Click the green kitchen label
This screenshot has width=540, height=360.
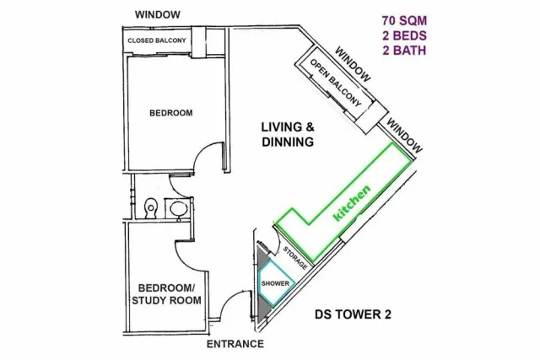coord(353,202)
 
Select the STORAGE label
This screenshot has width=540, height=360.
coord(295,258)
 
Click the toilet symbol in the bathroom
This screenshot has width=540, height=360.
coord(150,208)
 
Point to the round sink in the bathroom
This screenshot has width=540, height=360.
coord(178,208)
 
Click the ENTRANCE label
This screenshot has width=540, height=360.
coord(235,343)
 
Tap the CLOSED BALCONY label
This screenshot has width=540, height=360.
coord(157,40)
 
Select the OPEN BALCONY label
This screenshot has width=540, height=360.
coord(336,83)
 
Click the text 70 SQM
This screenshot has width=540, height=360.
coord(404,20)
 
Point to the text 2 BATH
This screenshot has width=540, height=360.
coord(404,51)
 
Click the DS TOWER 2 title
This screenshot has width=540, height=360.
coord(353,314)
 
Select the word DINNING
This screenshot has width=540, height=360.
coord(288,142)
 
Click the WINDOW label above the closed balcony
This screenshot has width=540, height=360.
coord(158,15)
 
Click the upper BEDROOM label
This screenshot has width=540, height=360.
coord(171,113)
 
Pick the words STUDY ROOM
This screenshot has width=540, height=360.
coord(167,300)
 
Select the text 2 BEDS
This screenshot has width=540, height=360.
coord(404,35)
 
